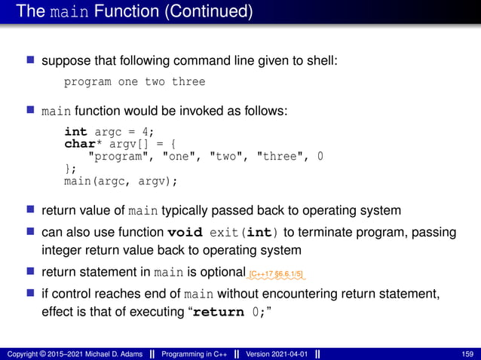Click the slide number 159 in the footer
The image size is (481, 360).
pos(467,353)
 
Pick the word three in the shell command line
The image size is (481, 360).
pos(188,81)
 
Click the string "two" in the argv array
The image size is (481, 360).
pos(226,156)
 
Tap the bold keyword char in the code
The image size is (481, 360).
pos(79,143)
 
